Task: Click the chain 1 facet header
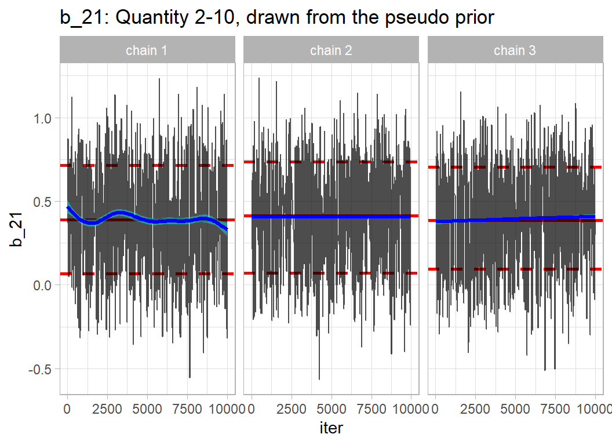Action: (x=147, y=50)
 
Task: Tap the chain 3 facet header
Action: (x=515, y=50)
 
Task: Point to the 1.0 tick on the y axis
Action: (x=44, y=118)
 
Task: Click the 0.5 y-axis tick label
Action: (x=44, y=202)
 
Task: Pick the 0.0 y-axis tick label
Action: (x=44, y=285)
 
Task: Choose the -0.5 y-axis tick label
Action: (x=42, y=369)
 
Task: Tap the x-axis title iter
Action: (x=331, y=428)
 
